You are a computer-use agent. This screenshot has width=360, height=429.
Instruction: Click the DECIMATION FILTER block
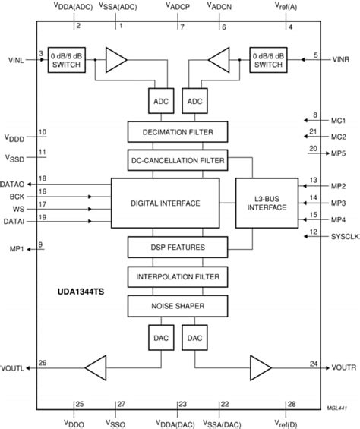coord(176,132)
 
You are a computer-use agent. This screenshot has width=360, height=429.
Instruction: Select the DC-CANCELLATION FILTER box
coord(176,160)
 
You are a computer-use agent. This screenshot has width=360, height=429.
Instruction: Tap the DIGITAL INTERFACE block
coord(165,203)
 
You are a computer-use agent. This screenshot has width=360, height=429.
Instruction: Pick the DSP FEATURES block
coord(176,247)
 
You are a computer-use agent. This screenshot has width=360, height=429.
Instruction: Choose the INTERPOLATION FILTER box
coord(176,276)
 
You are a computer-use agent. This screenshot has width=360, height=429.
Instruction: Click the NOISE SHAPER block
coord(176,305)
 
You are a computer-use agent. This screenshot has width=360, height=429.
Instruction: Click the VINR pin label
coord(339,58)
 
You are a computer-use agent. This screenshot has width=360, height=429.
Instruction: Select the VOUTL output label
coord(14,368)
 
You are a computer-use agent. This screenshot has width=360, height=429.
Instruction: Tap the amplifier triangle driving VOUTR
coord(260,368)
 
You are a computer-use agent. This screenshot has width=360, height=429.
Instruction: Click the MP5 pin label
coord(338,153)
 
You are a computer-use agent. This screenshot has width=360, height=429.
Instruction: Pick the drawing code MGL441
coord(327,408)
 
